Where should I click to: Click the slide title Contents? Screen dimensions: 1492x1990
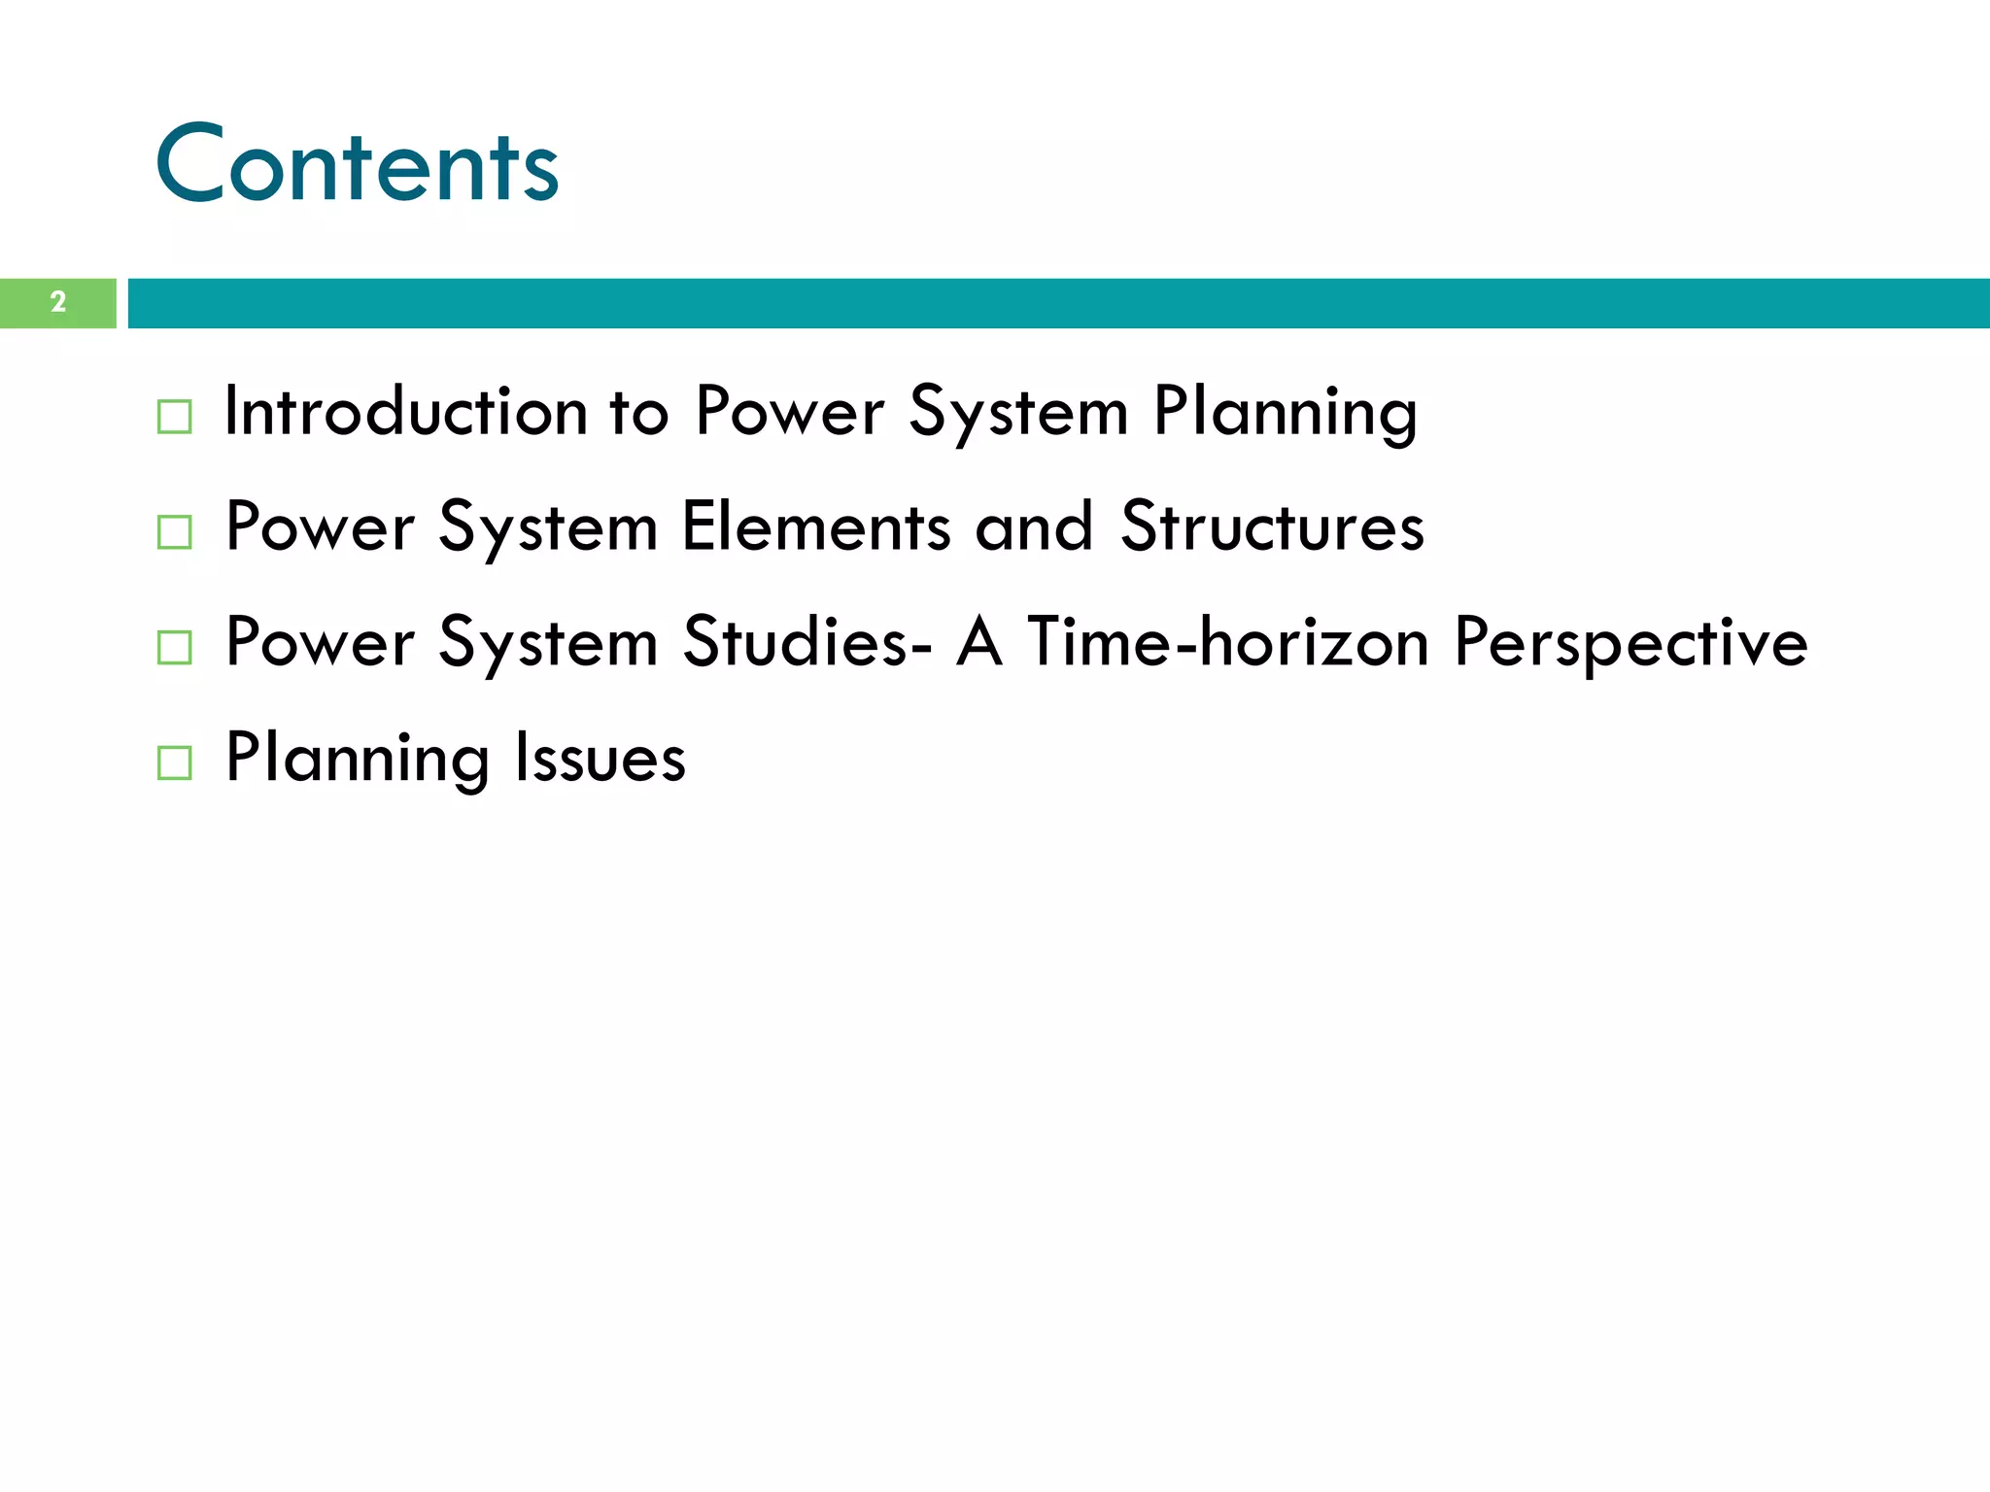tap(357, 165)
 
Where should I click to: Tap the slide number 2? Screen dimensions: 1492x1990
tap(58, 302)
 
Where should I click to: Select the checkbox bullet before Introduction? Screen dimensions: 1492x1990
tap(174, 417)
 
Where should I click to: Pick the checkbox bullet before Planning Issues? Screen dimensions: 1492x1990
tap(174, 763)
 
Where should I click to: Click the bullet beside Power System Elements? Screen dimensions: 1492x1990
tap(174, 532)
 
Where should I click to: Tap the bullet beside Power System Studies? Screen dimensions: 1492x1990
tap(174, 647)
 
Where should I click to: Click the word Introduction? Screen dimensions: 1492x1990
tap(405, 411)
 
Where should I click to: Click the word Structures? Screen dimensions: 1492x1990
tap(1272, 527)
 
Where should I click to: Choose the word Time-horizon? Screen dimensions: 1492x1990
tap(1227, 642)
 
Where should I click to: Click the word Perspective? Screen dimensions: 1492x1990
tap(1630, 644)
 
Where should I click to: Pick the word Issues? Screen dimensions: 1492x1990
tap(600, 758)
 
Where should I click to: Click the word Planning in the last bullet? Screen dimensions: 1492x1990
tap(357, 760)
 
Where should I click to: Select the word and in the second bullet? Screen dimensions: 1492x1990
tap(1033, 527)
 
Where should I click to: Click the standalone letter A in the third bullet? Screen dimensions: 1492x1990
tap(978, 642)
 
